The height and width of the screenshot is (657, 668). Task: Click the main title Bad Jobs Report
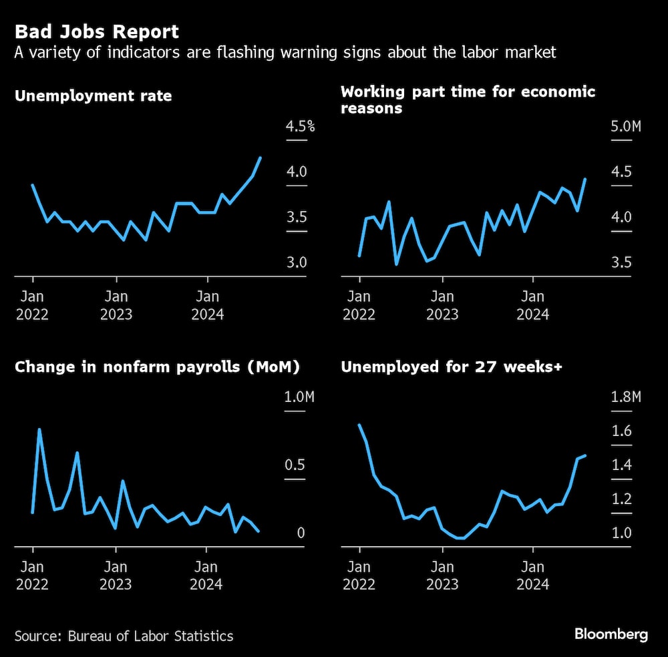97,31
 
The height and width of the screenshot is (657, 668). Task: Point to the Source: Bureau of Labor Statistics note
124,636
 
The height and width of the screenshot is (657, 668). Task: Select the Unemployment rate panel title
93,96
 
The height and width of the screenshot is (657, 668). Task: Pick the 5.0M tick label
625,127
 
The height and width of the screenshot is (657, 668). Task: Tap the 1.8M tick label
626,397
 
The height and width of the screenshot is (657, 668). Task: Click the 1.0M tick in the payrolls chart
299,397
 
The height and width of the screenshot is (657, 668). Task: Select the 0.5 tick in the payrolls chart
295,465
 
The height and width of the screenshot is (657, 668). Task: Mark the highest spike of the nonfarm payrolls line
39,429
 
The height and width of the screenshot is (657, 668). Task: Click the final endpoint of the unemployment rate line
261,158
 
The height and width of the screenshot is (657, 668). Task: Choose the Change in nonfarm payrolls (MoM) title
157,367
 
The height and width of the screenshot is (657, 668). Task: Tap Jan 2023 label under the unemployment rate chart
116,305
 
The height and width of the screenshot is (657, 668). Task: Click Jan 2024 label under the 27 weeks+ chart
533,576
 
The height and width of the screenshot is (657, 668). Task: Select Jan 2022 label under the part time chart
359,305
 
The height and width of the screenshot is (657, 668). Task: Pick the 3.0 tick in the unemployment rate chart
297,262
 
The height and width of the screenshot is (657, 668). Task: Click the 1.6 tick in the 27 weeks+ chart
621,431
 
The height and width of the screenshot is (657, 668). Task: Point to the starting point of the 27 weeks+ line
359,425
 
